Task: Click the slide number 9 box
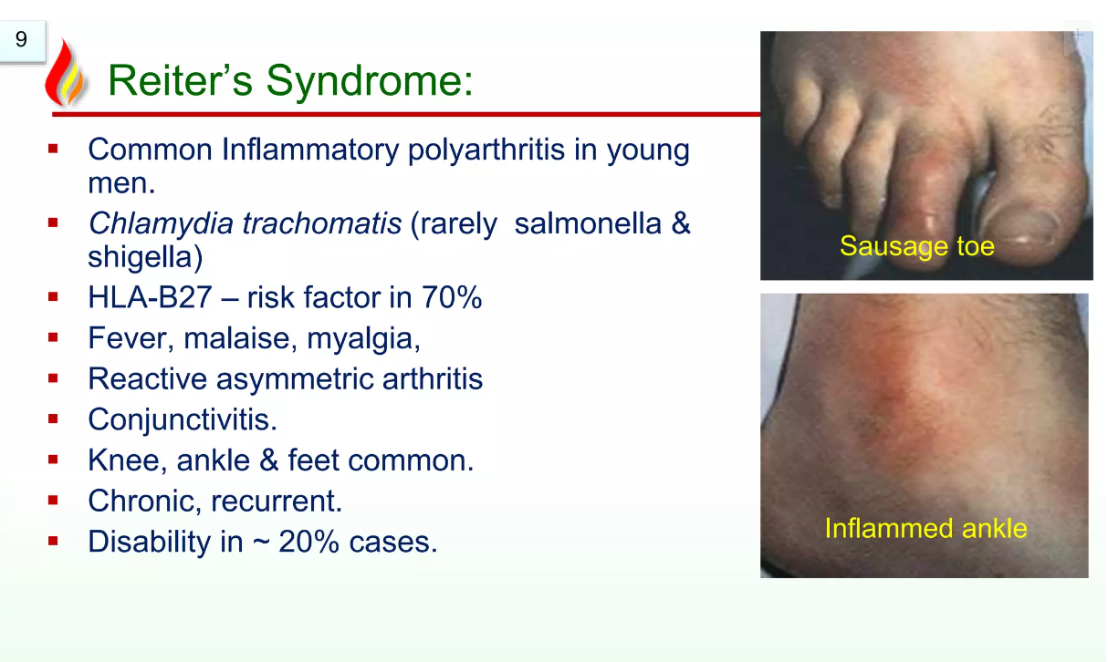22,40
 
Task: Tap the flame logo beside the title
66,72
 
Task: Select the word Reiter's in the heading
180,80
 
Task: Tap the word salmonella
588,223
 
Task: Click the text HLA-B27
151,297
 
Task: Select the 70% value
452,297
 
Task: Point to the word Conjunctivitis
183,419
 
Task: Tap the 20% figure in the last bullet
308,542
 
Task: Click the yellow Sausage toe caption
917,246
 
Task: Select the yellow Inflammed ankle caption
926,528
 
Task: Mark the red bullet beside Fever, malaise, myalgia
53,338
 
